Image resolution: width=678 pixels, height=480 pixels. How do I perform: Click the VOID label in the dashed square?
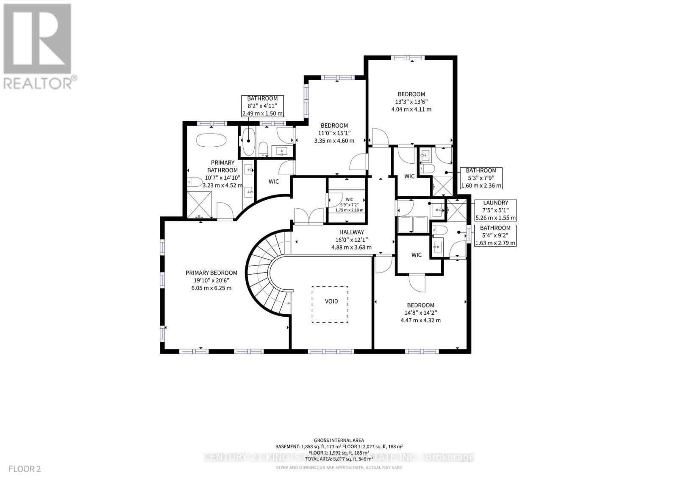coord(331,301)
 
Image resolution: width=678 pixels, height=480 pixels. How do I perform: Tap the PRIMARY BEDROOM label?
coord(211,280)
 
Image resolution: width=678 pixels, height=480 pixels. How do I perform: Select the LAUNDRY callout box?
coord(495,210)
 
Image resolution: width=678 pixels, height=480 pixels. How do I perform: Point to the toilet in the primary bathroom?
coord(194,182)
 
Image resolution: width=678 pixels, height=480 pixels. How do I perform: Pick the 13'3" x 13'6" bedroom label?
coord(411,101)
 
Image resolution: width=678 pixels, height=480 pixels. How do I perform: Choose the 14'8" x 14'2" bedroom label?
coord(420,313)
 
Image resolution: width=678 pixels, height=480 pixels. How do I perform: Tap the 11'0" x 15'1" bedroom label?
coord(334,133)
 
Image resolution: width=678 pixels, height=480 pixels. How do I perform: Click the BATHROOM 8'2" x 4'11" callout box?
coord(262,106)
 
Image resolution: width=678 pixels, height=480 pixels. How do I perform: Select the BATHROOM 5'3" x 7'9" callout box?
coord(481,178)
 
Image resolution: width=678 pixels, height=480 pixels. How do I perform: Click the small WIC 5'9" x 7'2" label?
coord(349,204)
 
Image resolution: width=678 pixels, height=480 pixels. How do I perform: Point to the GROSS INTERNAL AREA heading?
coord(339,440)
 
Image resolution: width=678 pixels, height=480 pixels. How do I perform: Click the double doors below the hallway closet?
coord(308,216)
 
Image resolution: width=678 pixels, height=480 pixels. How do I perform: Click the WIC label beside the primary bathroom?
coord(274,181)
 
